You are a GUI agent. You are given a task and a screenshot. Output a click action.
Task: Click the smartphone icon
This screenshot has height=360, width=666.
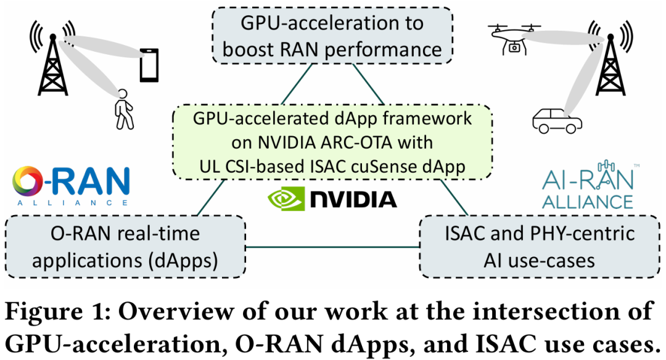coord(149,65)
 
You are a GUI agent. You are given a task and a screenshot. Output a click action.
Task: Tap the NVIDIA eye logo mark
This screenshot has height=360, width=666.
coord(287,198)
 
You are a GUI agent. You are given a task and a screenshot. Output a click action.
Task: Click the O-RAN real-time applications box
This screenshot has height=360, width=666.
coord(125,247)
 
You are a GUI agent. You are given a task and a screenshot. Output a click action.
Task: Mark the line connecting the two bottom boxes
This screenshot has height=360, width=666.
coord(333,248)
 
